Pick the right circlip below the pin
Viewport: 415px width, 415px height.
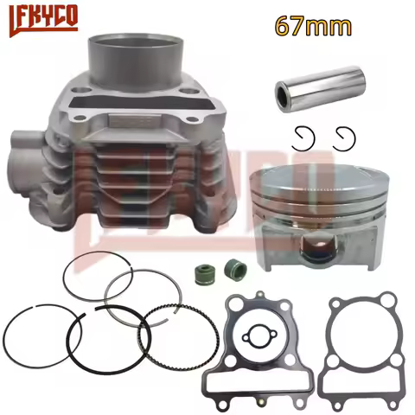[x=344, y=137]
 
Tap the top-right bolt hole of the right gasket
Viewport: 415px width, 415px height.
[x=392, y=300]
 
